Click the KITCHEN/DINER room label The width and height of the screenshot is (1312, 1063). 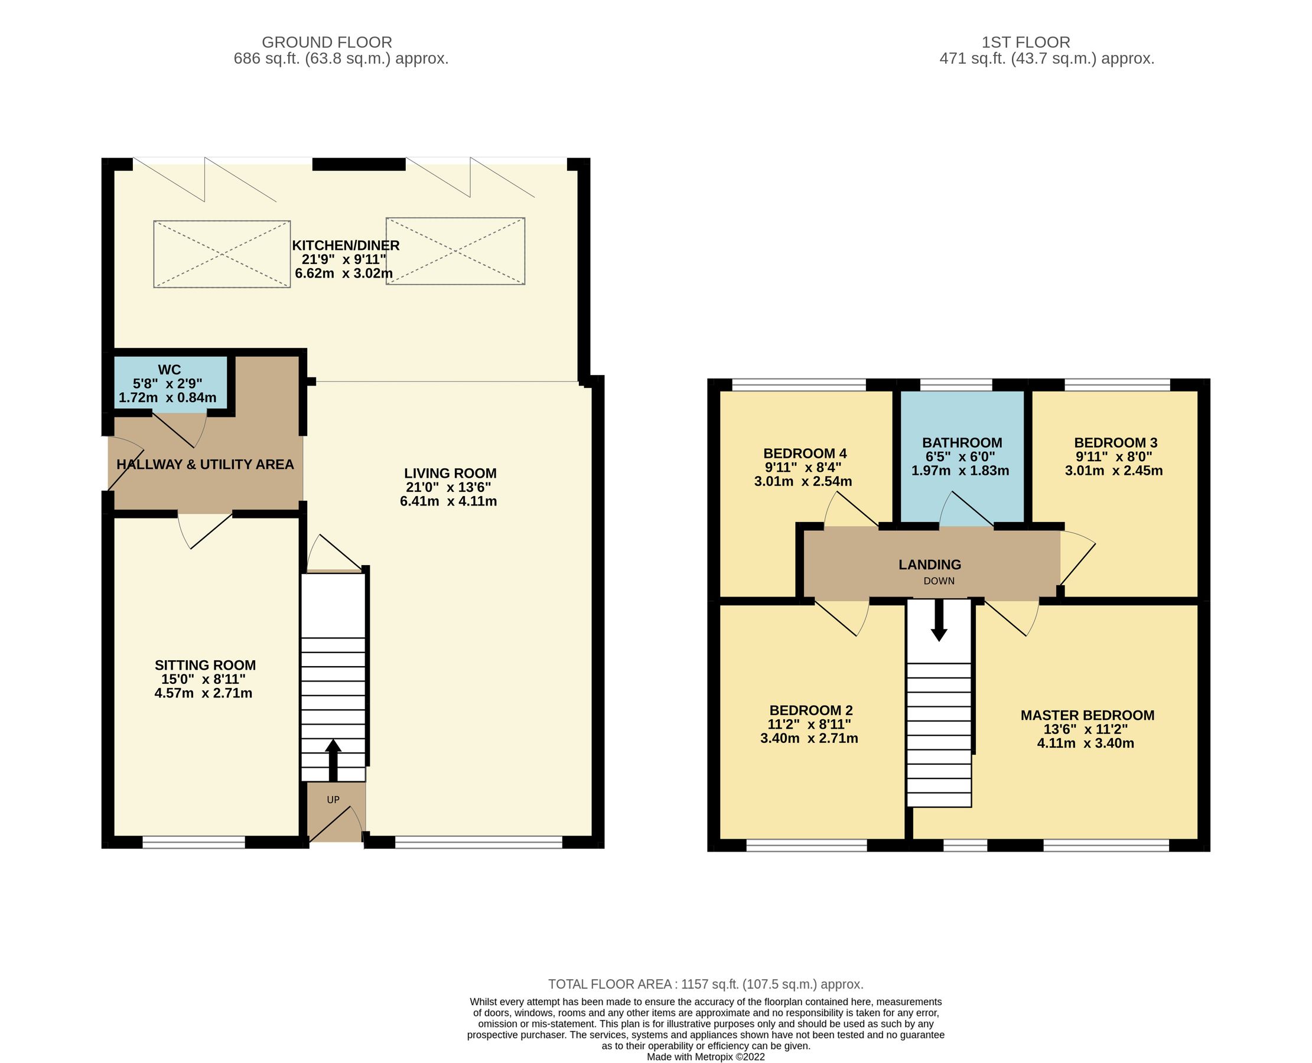point(346,246)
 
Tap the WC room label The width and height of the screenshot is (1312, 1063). point(169,370)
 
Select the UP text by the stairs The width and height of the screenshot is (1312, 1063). point(333,800)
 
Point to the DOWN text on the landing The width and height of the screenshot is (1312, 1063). point(939,581)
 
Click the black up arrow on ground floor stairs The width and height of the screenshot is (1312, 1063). point(333,759)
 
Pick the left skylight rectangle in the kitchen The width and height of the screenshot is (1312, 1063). point(222,254)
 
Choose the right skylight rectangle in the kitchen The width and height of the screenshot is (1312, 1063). point(455,251)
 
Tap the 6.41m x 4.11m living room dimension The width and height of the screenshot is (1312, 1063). point(448,501)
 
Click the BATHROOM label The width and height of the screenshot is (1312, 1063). point(962,443)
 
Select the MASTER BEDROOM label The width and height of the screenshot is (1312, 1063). point(1086,715)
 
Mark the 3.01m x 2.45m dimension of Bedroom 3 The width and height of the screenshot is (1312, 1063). point(1113,471)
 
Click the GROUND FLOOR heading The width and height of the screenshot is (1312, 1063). point(327,43)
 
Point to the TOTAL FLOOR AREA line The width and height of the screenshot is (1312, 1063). point(705,984)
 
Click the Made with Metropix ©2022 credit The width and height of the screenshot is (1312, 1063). point(705,1057)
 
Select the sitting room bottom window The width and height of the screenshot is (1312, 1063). point(194,843)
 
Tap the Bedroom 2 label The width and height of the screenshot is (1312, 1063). point(810,710)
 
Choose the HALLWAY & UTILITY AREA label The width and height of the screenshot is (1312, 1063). point(205,465)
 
